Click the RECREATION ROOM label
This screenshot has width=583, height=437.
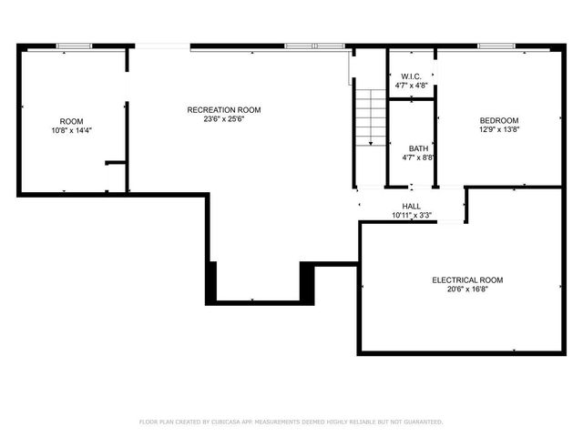pos(217,109)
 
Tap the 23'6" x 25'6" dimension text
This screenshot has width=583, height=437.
pos(217,118)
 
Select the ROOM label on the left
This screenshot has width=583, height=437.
pos(71,121)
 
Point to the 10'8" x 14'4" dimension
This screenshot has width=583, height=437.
pos(71,130)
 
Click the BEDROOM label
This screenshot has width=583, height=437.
pos(499,120)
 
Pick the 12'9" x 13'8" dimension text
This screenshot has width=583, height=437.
pos(499,129)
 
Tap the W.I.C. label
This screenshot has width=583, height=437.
pos(411,76)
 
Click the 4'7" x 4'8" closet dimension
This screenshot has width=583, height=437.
pos(411,86)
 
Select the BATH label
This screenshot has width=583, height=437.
pos(418,148)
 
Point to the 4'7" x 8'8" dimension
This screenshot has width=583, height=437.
pos(418,158)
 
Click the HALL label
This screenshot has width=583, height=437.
pos(412,207)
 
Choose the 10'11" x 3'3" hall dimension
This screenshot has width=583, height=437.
pos(412,216)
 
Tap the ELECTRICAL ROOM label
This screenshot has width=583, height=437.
pos(467,280)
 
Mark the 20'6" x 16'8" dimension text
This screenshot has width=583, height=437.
pos(467,290)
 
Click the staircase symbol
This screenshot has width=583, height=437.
pos(370,117)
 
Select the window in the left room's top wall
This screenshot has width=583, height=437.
pos(74,46)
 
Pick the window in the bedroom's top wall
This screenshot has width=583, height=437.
pos(496,46)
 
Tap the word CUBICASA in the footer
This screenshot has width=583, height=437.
pos(222,422)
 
